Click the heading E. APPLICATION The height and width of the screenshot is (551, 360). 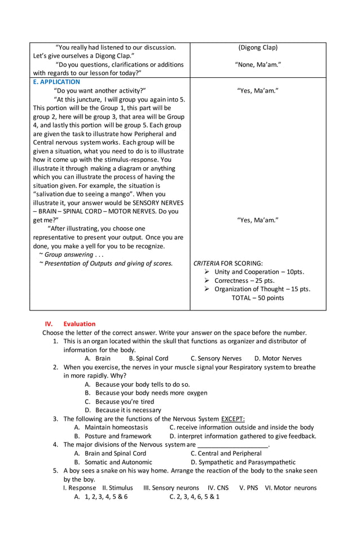56,82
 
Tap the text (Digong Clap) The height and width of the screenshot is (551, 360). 258,47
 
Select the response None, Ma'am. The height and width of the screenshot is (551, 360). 258,65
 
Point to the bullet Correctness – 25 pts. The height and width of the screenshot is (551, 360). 244,281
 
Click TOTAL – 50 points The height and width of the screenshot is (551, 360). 258,298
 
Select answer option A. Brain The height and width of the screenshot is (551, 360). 98,358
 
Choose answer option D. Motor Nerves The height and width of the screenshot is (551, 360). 278,358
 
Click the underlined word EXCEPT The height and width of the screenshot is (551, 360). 233,419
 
